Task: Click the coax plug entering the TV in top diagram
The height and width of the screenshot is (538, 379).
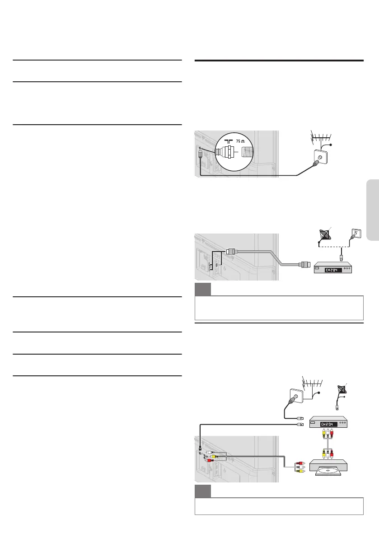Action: [x=200, y=154]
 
